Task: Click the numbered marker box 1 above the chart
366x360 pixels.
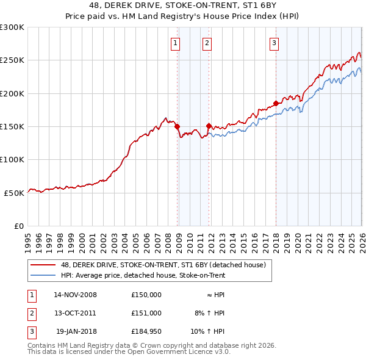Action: coord(175,43)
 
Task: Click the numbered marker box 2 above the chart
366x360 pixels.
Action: coord(207,43)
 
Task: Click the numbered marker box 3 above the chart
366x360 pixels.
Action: coord(274,43)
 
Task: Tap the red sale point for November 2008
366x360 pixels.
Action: coord(178,127)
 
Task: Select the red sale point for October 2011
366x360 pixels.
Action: coord(209,126)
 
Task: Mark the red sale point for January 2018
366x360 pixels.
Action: coord(276,104)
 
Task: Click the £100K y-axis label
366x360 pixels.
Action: coord(12,159)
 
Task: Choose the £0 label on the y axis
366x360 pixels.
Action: coord(18,226)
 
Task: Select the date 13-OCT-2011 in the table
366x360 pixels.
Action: coord(75,312)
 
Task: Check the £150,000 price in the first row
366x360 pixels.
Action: coord(146,295)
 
